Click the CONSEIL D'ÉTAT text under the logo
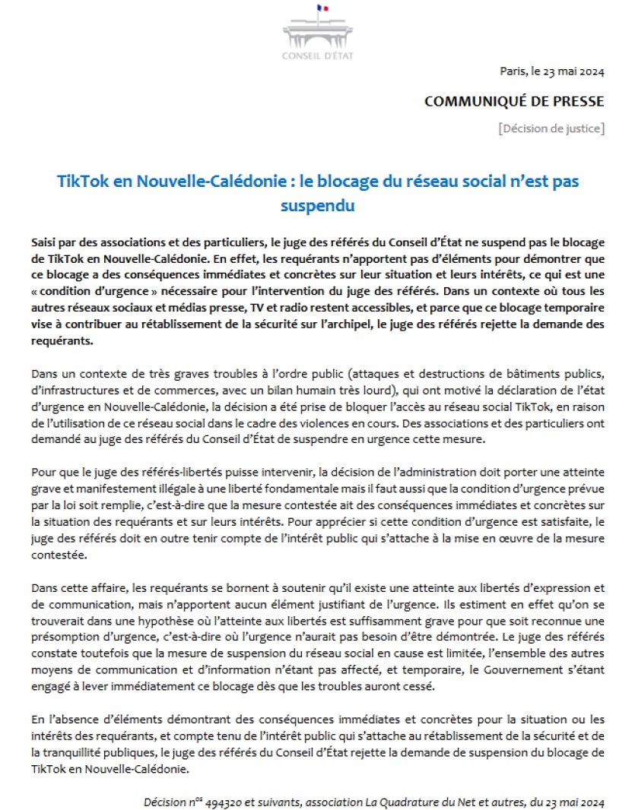317,55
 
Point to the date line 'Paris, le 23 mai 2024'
552,72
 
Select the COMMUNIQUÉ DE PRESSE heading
514,101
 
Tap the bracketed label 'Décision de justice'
552,128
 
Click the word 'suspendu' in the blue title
317,205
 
